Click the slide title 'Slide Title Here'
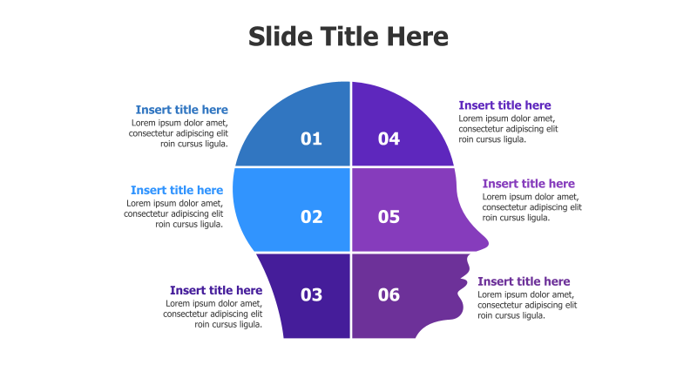point(348,37)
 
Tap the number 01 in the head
point(311,139)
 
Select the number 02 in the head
point(311,217)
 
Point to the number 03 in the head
point(311,294)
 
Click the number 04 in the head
point(389,139)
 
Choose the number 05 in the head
point(389,217)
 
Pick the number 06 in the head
point(389,294)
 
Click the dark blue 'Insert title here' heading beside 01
point(181,110)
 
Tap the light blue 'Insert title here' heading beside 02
point(177,190)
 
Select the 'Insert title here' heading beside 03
point(216,290)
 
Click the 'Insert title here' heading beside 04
point(504,105)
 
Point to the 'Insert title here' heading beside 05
point(528,184)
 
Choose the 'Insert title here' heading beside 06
point(524,281)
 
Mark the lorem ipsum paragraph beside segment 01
point(179,133)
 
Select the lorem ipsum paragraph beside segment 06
point(527,305)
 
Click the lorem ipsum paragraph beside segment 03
point(213,314)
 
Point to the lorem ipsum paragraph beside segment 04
point(508,129)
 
